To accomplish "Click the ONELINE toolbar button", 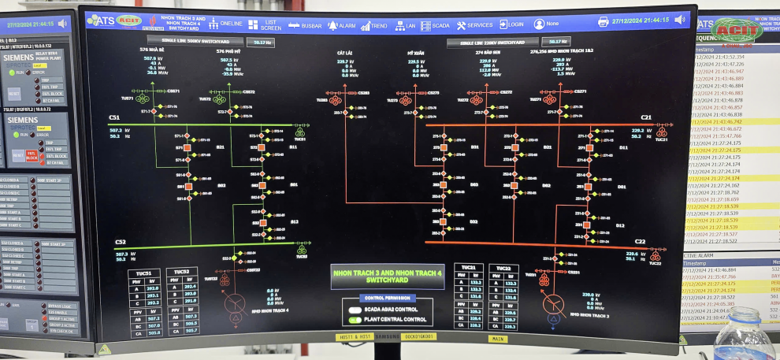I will [x=225, y=24].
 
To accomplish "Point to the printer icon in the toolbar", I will [x=604, y=21].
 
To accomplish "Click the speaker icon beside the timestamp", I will [x=679, y=20].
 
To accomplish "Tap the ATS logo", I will [x=101, y=20].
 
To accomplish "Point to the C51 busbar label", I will [x=114, y=118].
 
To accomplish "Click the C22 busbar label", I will [x=640, y=242].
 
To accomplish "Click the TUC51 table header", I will [x=143, y=273].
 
